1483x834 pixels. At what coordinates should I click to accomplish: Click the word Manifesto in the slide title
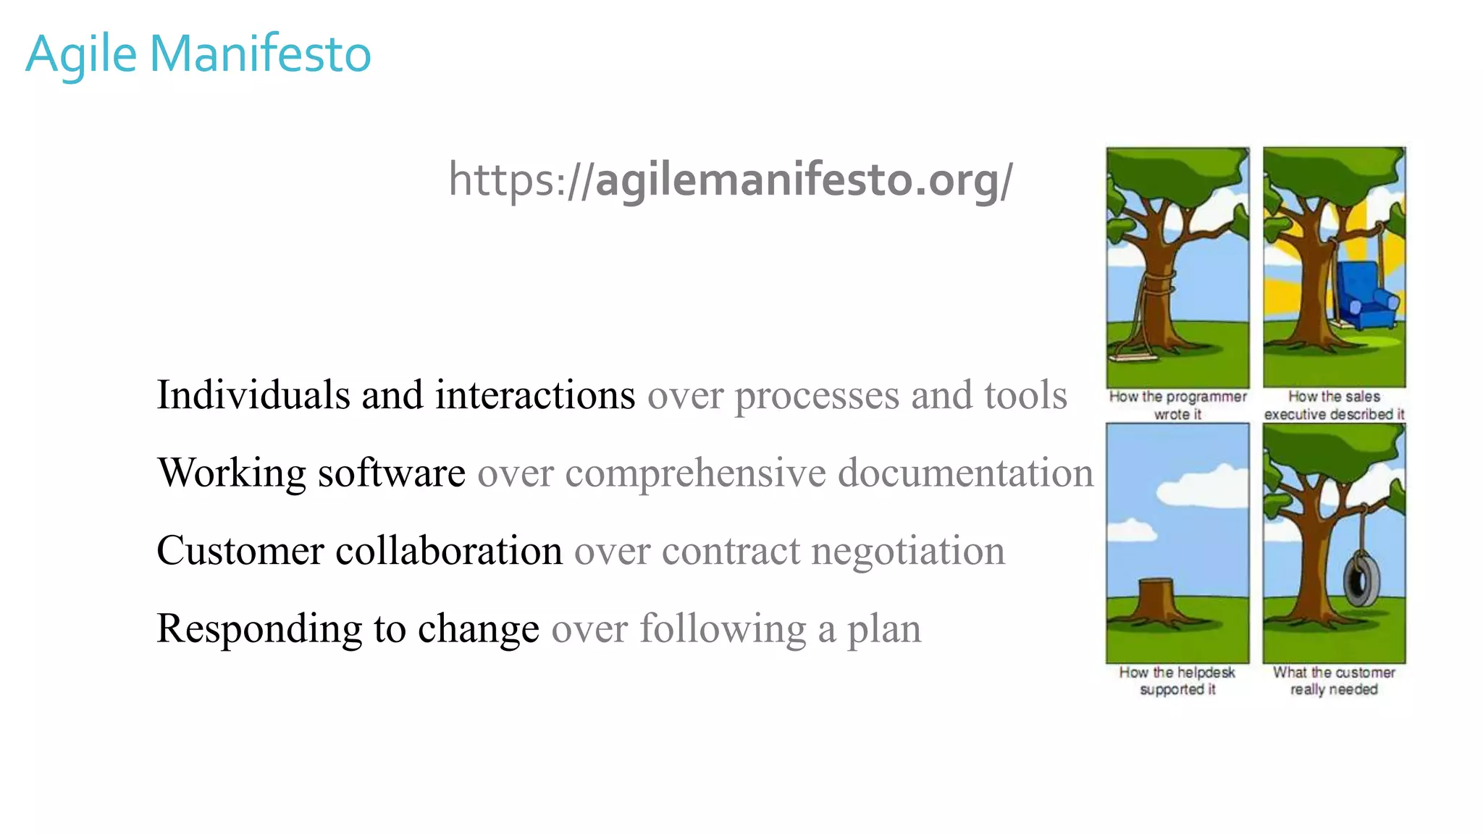[261, 54]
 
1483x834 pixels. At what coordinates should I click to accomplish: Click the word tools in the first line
[1025, 395]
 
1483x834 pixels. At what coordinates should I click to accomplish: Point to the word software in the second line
[392, 473]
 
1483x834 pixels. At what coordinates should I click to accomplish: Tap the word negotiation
[908, 550]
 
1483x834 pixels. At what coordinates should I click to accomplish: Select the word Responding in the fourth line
[259, 628]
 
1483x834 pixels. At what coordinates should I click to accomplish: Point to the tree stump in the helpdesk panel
[1156, 598]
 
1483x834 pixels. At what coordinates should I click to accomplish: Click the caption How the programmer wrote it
[1177, 405]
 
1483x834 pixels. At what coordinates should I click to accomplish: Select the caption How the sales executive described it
[1334, 405]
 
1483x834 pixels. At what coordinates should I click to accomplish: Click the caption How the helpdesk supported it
[1177, 681]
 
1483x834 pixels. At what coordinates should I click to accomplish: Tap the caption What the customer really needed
[1334, 681]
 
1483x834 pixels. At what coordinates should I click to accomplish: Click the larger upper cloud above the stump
[1202, 486]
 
